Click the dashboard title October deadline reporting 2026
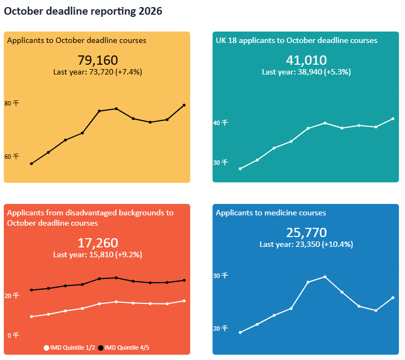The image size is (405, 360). (83, 11)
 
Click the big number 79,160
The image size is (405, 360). (98, 60)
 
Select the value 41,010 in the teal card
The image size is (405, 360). (306, 60)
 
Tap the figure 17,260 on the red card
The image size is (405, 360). (98, 243)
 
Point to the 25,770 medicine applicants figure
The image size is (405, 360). (306, 233)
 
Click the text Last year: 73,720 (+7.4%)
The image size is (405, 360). (98, 72)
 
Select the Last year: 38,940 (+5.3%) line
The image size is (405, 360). (306, 72)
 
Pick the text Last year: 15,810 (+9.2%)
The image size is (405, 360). (98, 255)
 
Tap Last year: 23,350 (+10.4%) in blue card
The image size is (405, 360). (306, 245)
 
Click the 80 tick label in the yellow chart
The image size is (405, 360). (11, 103)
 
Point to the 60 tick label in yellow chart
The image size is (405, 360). (11, 157)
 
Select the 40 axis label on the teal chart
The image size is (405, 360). (220, 123)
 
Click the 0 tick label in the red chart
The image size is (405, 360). (13, 336)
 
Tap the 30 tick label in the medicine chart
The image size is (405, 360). (220, 276)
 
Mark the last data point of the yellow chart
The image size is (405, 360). (184, 105)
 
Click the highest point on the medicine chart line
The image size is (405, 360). (325, 277)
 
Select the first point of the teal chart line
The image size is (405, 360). (240, 169)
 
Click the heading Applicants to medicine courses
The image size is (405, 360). (271, 213)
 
